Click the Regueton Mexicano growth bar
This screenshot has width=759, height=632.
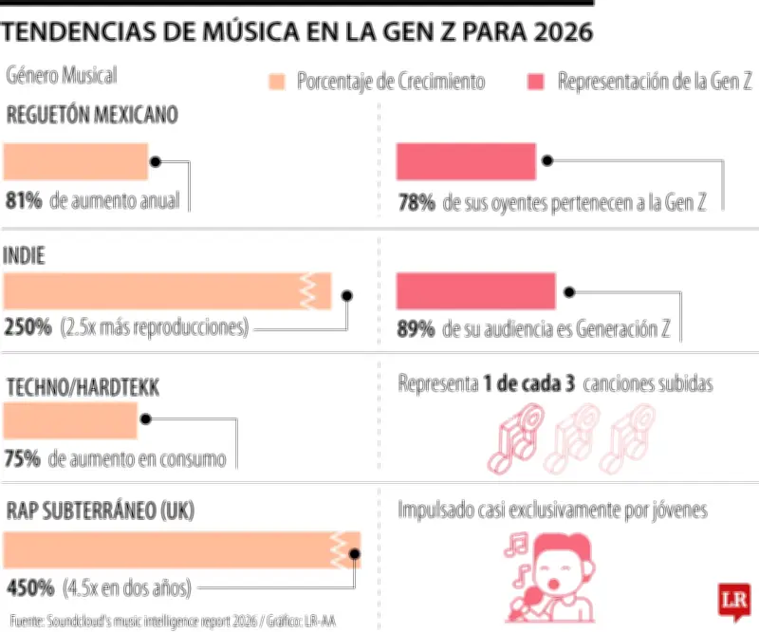(76, 161)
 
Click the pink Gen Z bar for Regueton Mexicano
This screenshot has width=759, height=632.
(466, 161)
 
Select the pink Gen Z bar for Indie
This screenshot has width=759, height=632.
(475, 290)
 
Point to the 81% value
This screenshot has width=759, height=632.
(22, 201)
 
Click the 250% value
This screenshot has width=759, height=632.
(28, 328)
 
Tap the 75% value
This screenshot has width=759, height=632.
(22, 459)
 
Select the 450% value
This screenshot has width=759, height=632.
(28, 587)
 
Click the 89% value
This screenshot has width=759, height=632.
(416, 329)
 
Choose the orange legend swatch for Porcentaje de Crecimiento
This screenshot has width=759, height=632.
(277, 82)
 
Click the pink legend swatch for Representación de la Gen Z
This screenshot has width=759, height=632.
(536, 82)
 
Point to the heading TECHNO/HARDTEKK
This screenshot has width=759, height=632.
(83, 387)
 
